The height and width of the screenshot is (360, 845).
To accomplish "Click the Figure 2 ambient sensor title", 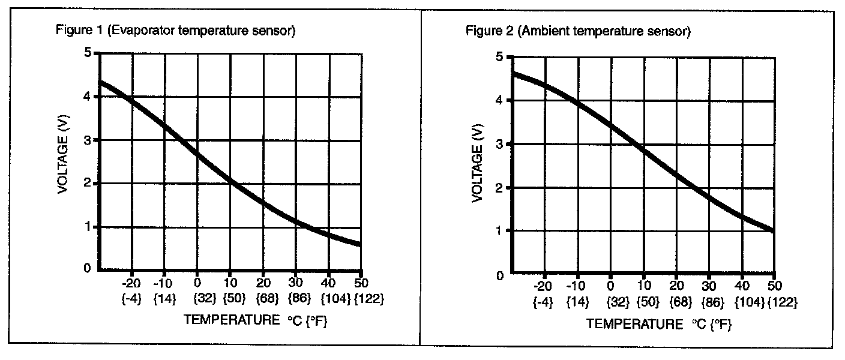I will pyautogui.click(x=579, y=31).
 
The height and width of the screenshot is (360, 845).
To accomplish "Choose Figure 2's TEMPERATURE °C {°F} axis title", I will pyautogui.click(x=659, y=325).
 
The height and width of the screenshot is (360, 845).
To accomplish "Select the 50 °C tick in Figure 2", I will pyautogui.click(x=774, y=287).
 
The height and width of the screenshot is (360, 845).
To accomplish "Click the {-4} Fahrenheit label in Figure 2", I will pyautogui.click(x=543, y=303).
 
